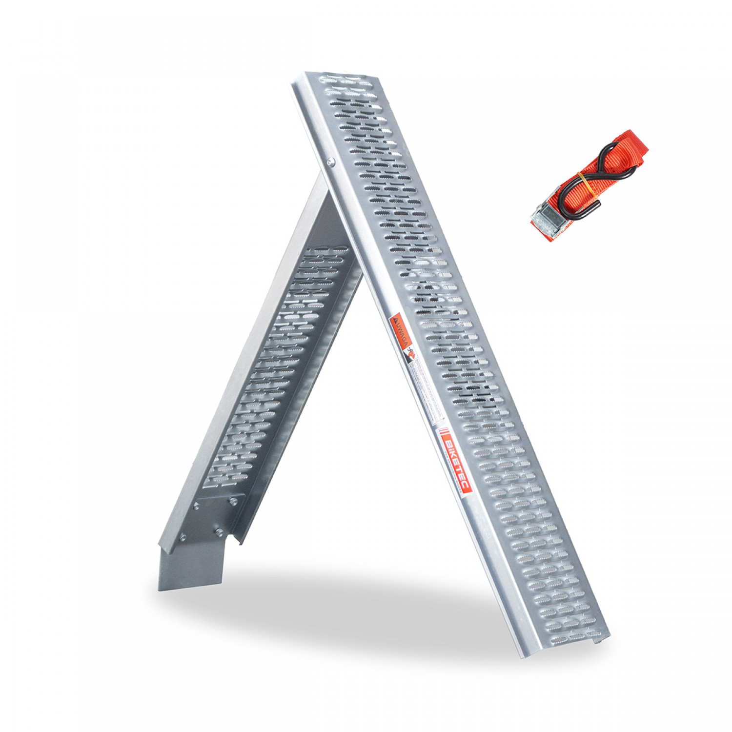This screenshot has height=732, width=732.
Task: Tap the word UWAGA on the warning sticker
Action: click(401, 332)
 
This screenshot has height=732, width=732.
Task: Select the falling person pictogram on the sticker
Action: click(411, 355)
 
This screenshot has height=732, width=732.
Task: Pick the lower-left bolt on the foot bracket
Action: click(183, 538)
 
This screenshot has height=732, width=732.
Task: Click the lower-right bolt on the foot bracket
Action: click(218, 531)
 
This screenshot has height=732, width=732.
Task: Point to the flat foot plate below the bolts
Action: click(190, 566)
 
